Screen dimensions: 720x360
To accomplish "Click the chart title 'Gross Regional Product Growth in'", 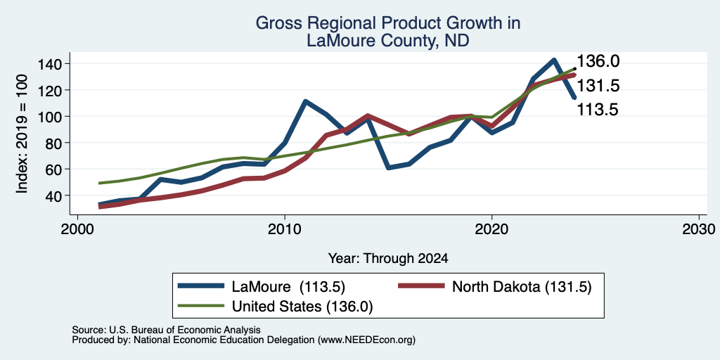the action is coord(388,23).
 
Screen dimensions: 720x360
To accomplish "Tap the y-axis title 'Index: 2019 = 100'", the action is coord(22,134).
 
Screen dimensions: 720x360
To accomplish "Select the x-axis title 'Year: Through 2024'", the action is coord(388,259).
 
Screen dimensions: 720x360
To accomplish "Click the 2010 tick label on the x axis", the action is coord(285,229).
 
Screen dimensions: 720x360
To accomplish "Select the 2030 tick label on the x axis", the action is coord(699,229).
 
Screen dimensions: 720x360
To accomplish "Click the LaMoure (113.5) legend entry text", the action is coord(288,287).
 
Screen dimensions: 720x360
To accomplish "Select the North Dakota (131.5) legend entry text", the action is coord(522,287).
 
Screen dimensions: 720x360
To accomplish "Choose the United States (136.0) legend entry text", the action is coord(302,307).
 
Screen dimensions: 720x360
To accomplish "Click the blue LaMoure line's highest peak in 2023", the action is coord(554,60).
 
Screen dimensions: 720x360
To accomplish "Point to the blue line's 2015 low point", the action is coord(388,167).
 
